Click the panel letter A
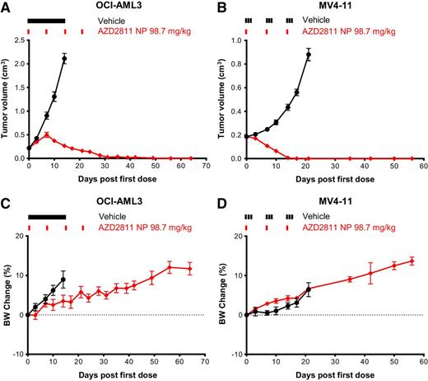6,6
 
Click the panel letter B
224,6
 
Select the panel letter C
6,204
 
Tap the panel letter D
224,204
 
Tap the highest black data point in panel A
64,59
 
